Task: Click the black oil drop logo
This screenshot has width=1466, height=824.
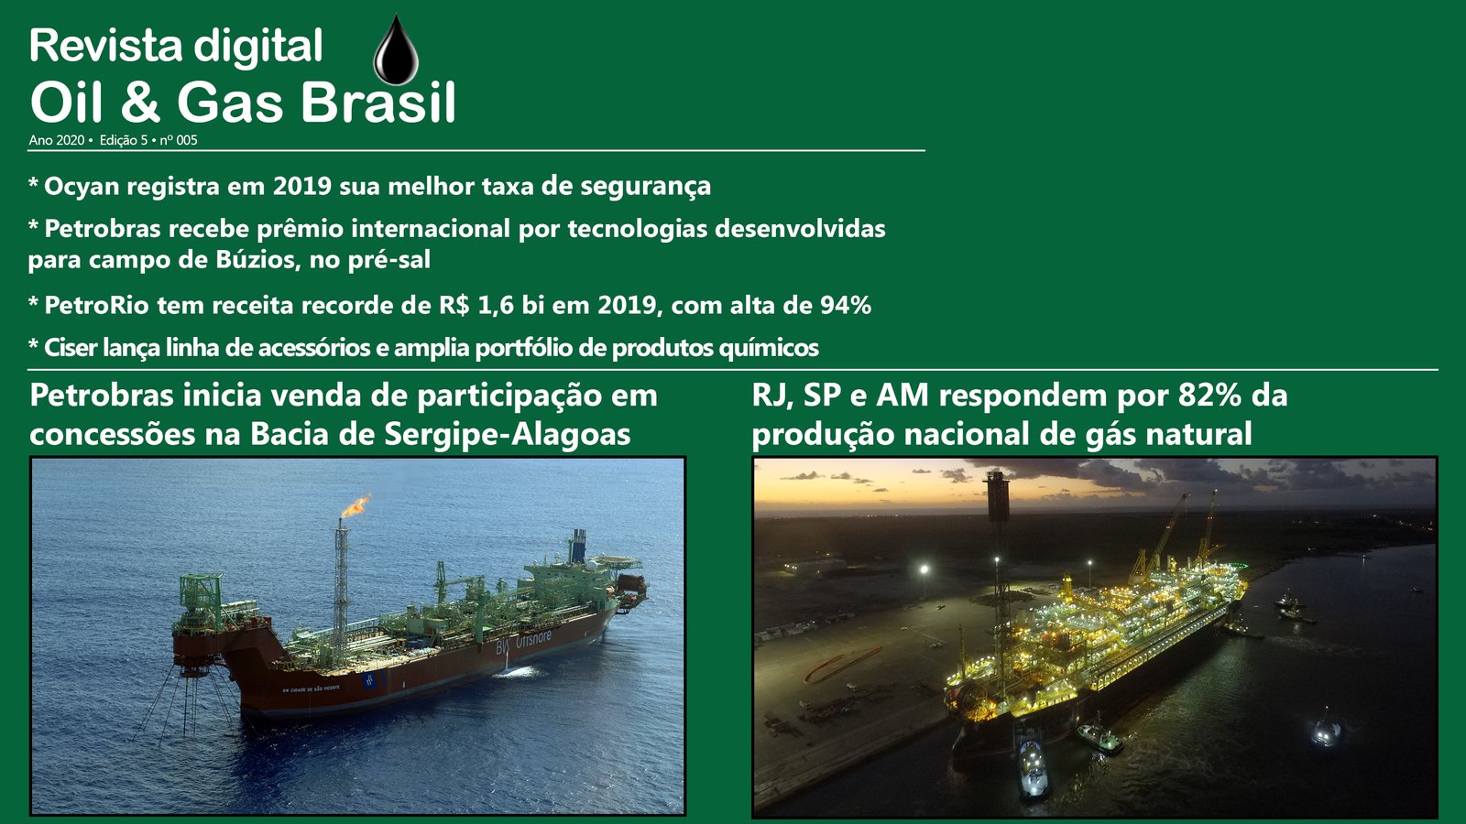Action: click(396, 51)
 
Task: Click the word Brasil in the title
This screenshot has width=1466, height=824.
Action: click(378, 103)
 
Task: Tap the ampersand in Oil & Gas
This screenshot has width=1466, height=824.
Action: click(140, 103)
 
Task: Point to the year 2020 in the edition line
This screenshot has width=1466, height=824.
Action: click(71, 140)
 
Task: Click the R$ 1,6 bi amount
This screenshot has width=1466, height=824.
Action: click(492, 306)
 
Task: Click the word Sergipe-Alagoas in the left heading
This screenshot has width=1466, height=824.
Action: click(508, 434)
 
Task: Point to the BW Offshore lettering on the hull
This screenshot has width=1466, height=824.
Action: click(523, 642)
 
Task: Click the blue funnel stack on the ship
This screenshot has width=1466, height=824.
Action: click(577, 546)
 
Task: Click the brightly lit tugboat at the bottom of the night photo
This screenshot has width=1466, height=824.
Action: click(1033, 768)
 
